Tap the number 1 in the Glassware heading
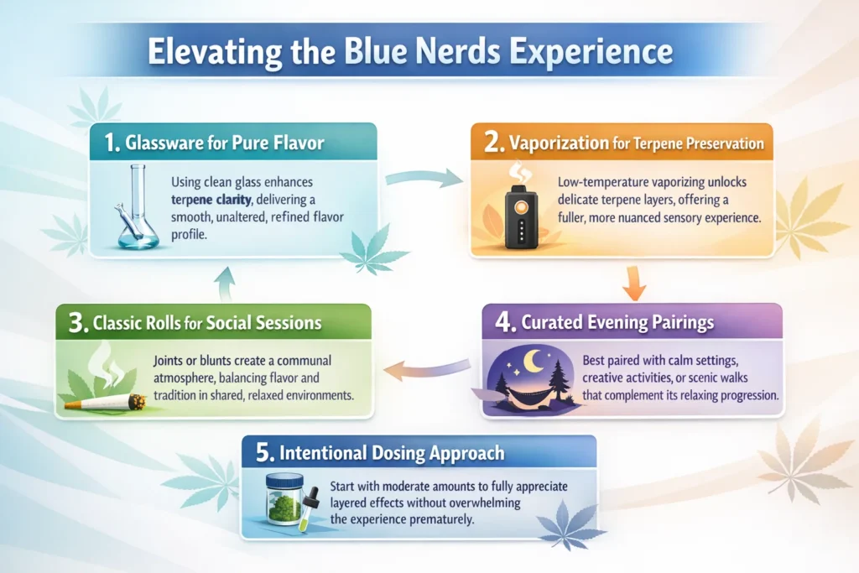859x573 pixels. pos(111,143)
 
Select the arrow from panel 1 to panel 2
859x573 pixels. pos(424,176)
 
